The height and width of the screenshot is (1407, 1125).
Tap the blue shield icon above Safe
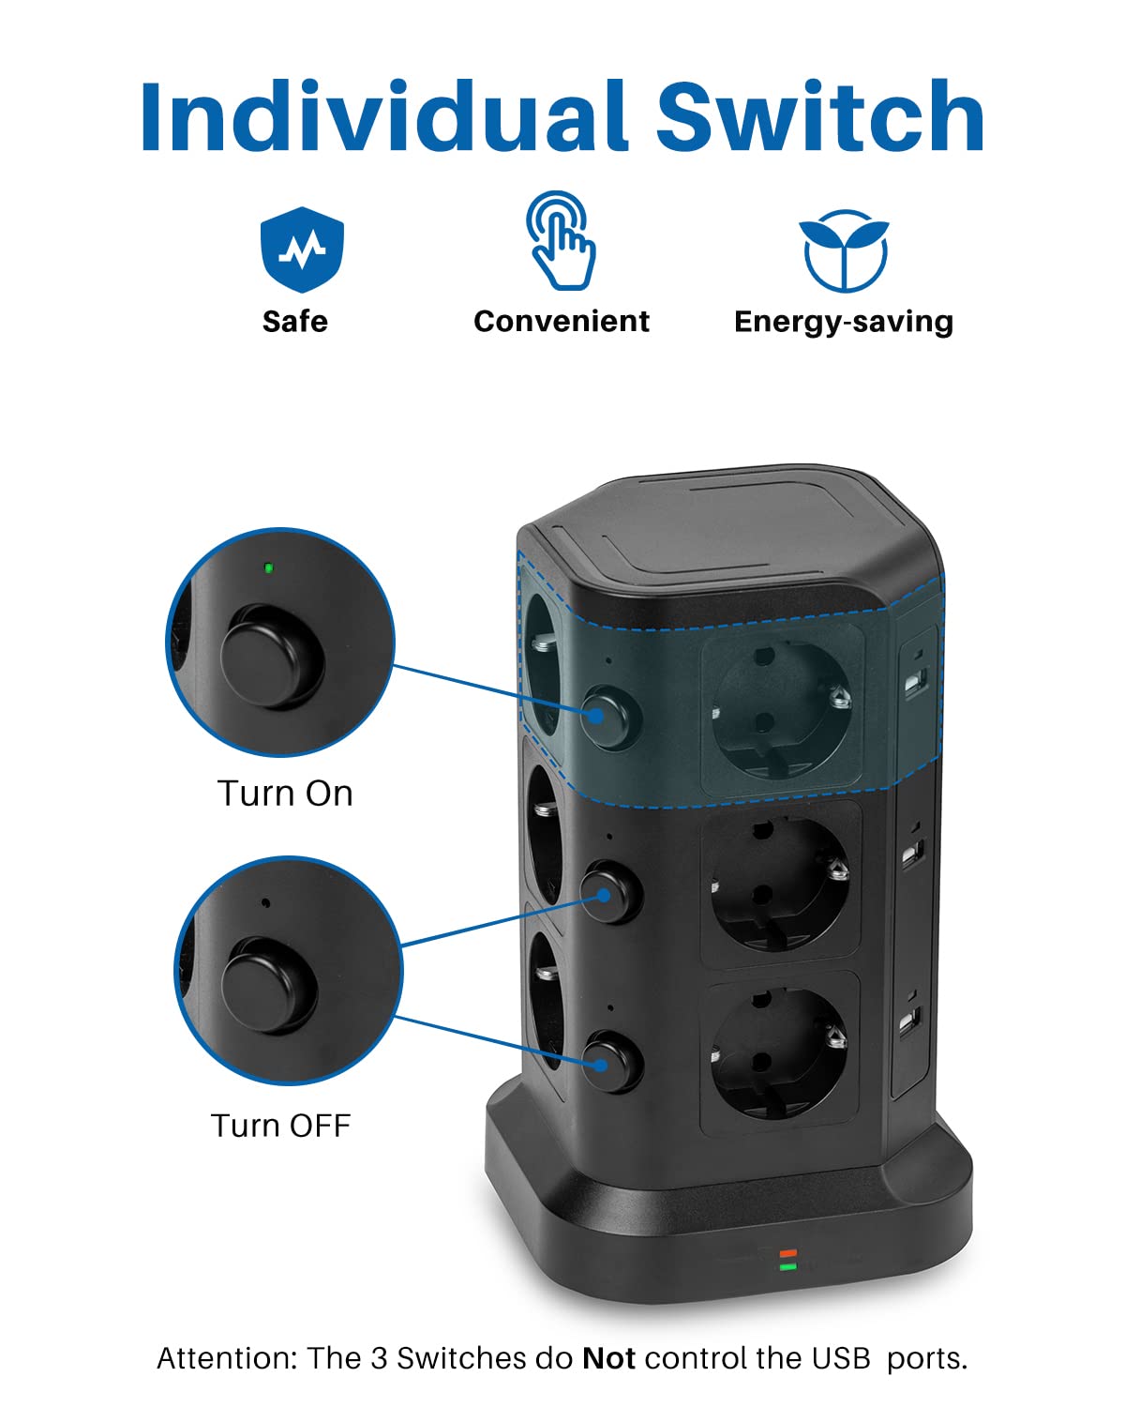click(x=302, y=250)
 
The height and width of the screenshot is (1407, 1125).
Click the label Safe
click(x=295, y=322)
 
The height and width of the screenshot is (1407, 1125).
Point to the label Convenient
click(x=561, y=322)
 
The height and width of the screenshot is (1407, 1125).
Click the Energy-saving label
click(x=844, y=322)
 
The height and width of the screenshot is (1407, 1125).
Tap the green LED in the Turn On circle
click(x=268, y=567)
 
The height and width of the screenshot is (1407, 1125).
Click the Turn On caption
click(x=285, y=794)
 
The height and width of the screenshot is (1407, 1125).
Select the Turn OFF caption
click(x=280, y=1125)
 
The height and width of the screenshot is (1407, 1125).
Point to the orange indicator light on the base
click(x=787, y=1253)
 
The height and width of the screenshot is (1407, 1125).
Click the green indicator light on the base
click(x=787, y=1266)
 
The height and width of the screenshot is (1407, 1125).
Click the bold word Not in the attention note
click(x=608, y=1358)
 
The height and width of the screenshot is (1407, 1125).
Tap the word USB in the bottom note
click(x=841, y=1358)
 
